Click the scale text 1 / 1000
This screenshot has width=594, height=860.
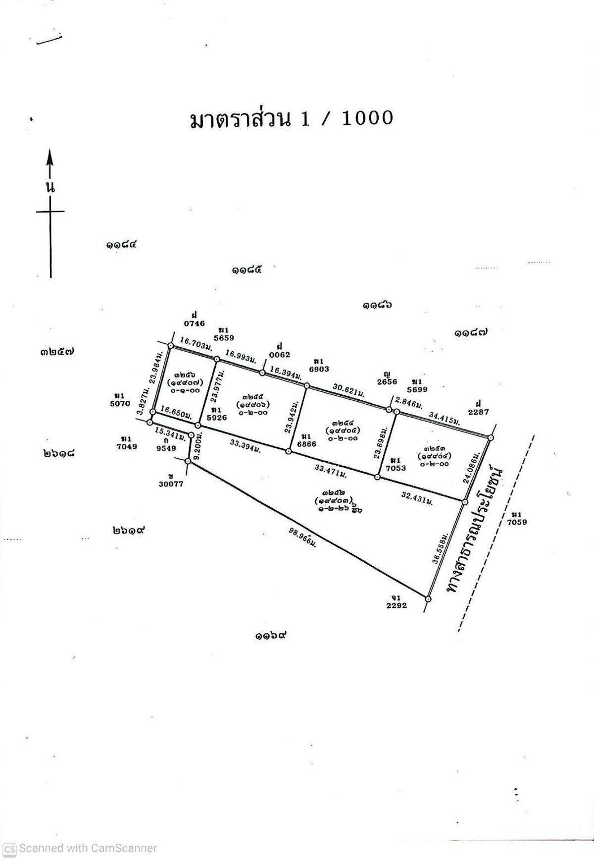[347, 118]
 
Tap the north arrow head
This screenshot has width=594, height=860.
[50, 158]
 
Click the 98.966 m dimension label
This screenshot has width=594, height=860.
[302, 537]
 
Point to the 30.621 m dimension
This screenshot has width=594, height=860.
[348, 390]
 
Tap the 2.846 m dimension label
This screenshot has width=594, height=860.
[408, 403]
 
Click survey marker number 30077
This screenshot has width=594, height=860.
[171, 484]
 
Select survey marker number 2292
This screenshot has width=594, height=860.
[396, 605]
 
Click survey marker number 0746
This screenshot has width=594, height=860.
[194, 323]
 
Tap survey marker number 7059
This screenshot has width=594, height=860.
[517, 522]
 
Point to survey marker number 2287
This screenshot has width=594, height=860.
[478, 412]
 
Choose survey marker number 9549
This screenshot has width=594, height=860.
[166, 448]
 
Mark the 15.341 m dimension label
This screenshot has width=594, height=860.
[170, 434]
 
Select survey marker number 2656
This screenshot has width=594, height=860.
[387, 381]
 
